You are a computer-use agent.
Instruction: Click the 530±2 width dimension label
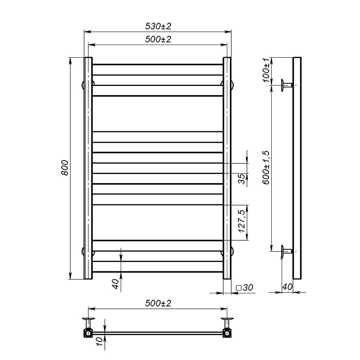(158, 26)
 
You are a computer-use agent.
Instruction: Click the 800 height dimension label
(65, 168)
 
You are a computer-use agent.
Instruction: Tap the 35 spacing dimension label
(241, 179)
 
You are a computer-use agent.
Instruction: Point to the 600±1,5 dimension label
(266, 167)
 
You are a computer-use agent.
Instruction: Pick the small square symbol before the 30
(239, 288)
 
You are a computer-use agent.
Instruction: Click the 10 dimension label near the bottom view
(100, 342)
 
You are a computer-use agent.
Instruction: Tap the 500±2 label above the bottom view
(158, 303)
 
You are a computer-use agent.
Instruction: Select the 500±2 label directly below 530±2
(158, 39)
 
